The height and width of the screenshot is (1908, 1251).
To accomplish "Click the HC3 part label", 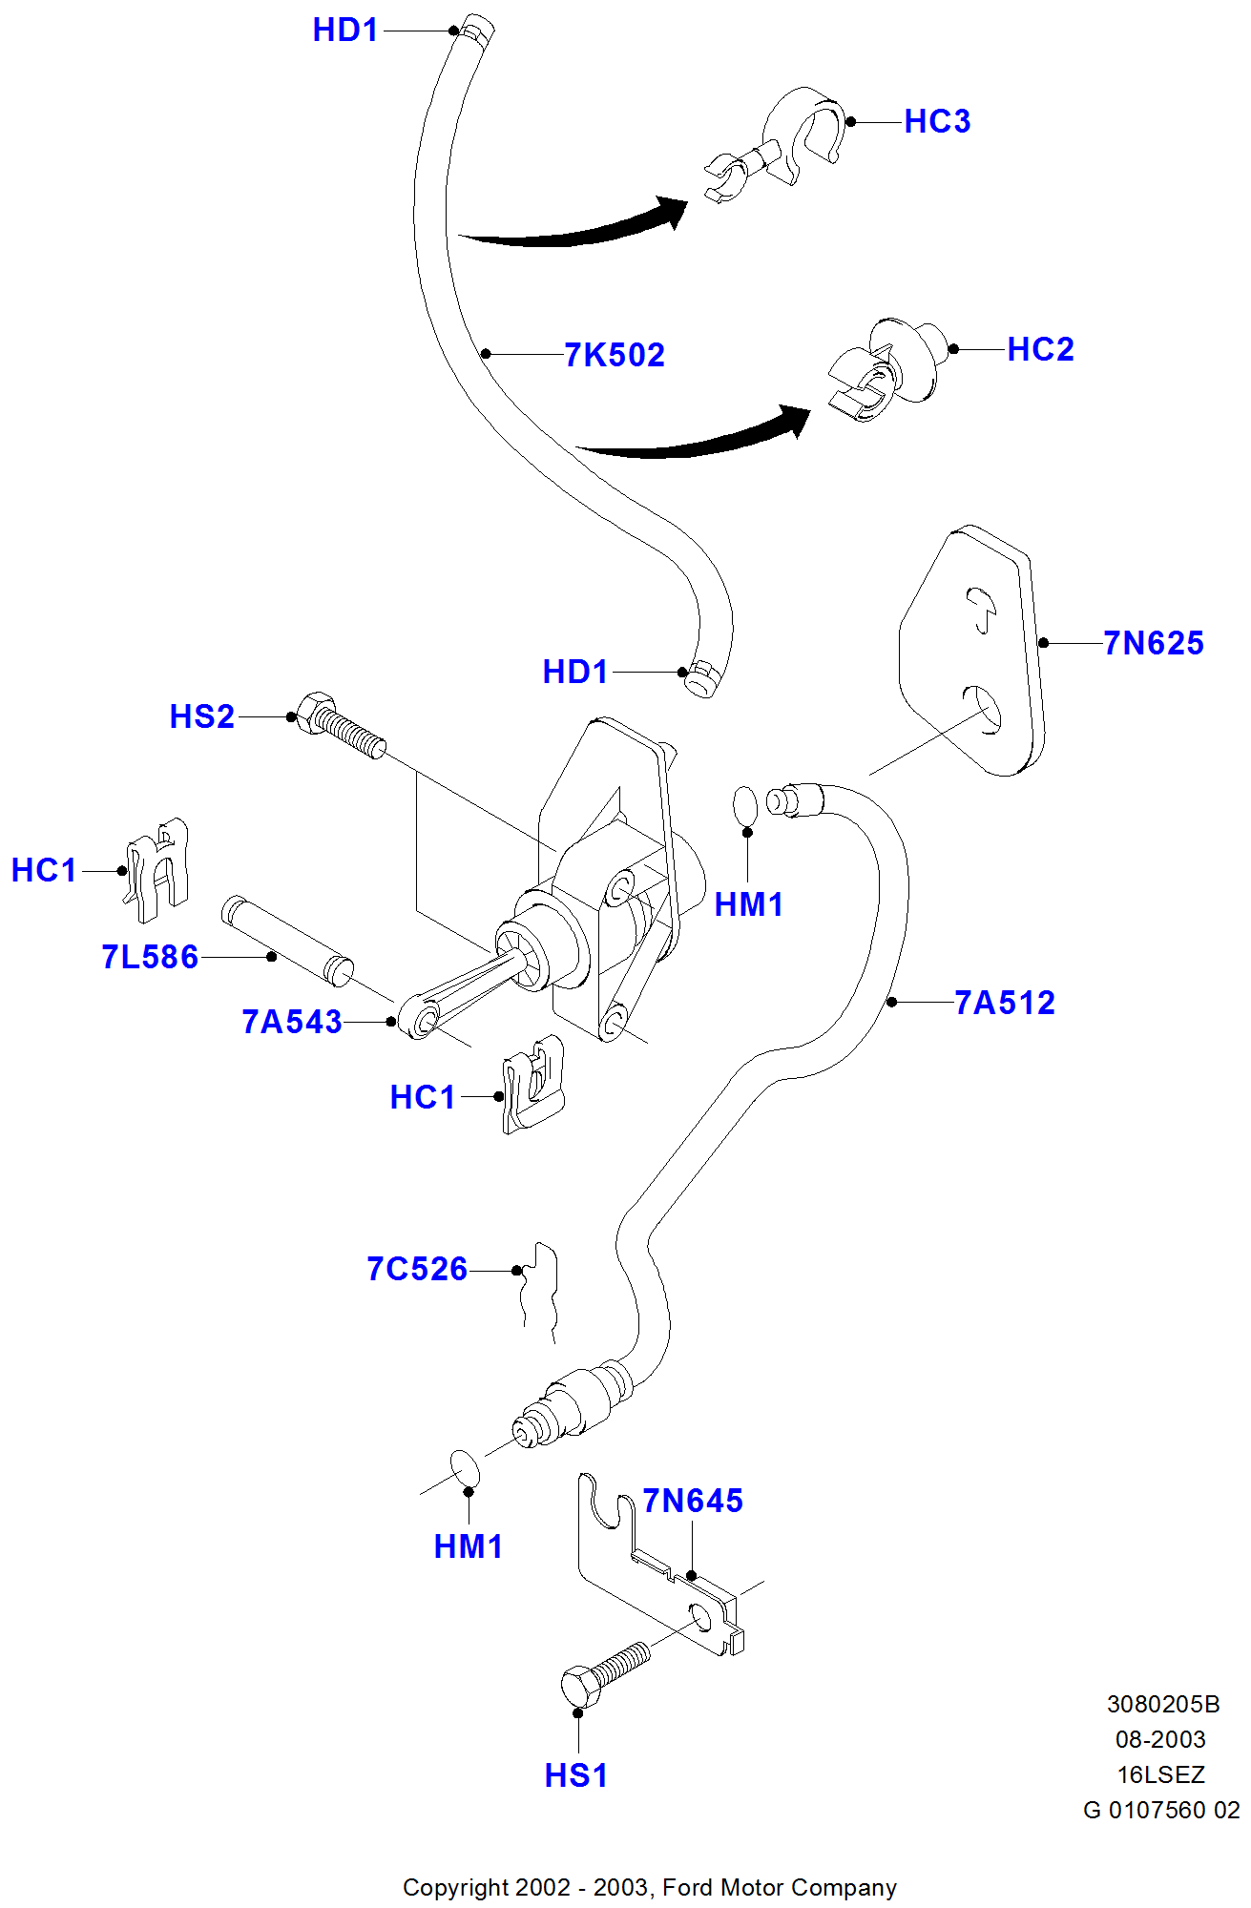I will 937,122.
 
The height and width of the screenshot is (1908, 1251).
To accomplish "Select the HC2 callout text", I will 1040,350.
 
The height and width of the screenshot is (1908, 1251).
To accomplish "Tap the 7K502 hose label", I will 615,355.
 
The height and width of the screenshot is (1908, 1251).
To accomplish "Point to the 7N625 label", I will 1154,644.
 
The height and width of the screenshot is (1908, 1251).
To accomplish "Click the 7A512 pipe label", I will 1005,1004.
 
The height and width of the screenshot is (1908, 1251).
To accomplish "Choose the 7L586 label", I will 150,958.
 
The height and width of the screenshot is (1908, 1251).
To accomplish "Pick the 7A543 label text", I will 292,1023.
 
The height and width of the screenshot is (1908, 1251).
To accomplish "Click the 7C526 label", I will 417,1270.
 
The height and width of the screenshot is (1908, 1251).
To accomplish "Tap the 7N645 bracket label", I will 693,1502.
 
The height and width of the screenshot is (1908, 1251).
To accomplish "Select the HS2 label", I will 202,717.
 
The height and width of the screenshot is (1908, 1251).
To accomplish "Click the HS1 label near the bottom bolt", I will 575,1776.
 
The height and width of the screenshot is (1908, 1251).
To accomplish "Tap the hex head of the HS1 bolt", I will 580,1688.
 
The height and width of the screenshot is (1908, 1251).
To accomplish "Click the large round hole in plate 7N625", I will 983,709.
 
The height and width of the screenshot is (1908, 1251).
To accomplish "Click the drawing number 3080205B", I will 1162,1704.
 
